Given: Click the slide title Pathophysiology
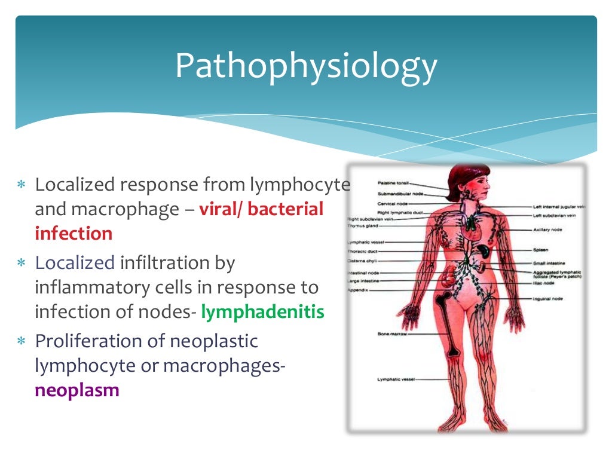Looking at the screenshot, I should coord(305,66).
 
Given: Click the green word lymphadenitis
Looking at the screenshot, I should coord(262,311).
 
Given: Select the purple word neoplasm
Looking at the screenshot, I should coord(77,390).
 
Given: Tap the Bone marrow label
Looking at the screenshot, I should coord(391,333).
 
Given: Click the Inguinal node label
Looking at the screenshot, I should coord(548,298).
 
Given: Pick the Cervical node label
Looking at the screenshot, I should coord(392,203).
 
